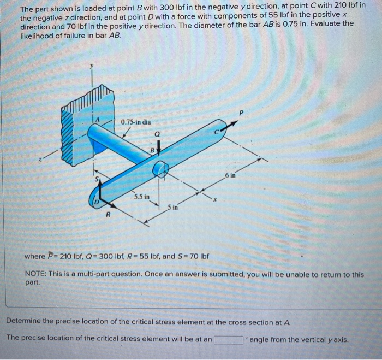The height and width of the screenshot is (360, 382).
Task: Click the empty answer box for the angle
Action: pyautogui.click(x=228, y=340)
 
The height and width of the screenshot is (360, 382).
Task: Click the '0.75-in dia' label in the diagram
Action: pyautogui.click(x=136, y=121)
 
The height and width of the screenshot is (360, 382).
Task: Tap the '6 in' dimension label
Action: pyautogui.click(x=229, y=174)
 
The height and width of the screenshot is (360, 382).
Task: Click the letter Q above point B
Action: pyautogui.click(x=157, y=133)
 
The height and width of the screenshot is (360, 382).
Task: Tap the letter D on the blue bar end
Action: pyautogui.click(x=97, y=204)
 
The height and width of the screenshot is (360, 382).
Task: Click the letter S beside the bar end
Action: pyautogui.click(x=96, y=179)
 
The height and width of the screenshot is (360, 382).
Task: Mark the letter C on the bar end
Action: pyautogui.click(x=216, y=132)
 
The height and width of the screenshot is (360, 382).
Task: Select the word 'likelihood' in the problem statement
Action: pyautogui.click(x=38, y=35)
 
